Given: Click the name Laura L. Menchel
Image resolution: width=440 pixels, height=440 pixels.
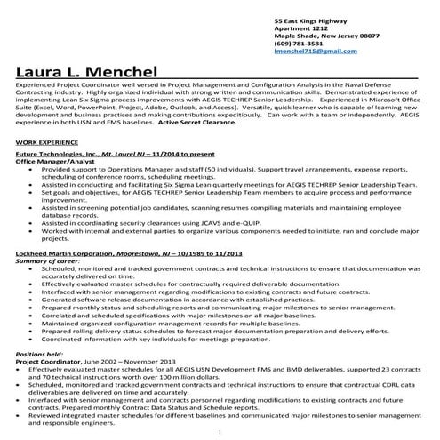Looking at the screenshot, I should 85,71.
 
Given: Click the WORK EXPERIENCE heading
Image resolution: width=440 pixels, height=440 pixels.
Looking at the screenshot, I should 46,141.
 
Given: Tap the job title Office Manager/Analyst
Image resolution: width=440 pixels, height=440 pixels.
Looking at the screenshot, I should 53,162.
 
